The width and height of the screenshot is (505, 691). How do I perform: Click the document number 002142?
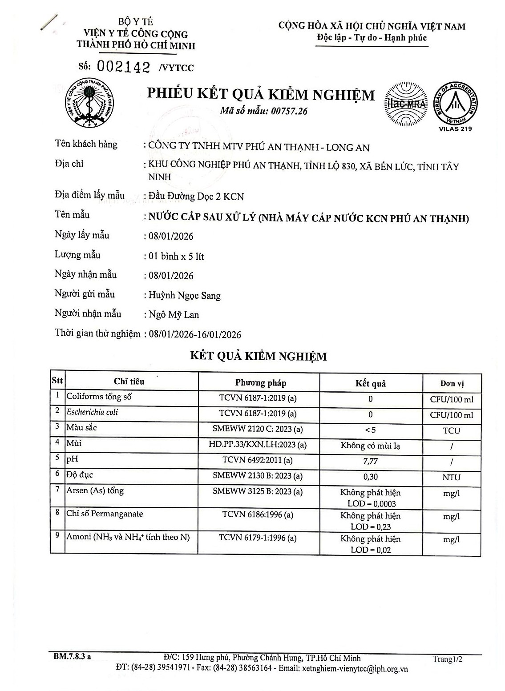click(123, 67)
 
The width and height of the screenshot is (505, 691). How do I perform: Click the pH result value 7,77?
click(370, 462)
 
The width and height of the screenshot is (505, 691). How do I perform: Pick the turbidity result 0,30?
click(370, 477)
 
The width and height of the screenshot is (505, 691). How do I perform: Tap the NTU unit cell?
click(451, 477)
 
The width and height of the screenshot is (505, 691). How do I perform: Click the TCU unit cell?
click(451, 430)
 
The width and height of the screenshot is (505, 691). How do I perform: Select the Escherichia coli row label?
click(92, 412)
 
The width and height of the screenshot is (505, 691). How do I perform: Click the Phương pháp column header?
click(261, 383)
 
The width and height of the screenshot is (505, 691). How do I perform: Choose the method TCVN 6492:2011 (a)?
click(258, 460)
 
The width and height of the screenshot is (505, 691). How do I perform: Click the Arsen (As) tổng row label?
click(95, 491)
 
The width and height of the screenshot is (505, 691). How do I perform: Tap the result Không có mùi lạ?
click(370, 446)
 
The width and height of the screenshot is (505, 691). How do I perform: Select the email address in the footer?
click(355, 669)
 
